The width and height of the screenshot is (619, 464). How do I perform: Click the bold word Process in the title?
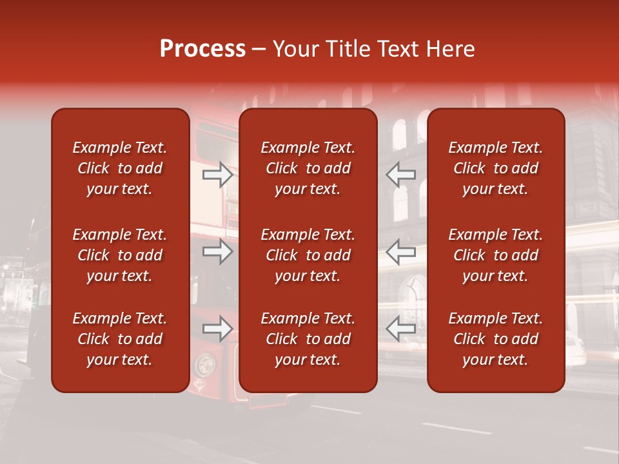pyautogui.click(x=202, y=49)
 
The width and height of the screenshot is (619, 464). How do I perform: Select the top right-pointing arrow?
pyautogui.click(x=217, y=174)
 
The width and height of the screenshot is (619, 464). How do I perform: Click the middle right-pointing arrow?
pyautogui.click(x=217, y=251)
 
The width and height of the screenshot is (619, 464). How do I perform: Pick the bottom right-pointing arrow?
pyautogui.click(x=217, y=329)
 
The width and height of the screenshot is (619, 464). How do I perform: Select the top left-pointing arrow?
pyautogui.click(x=400, y=174)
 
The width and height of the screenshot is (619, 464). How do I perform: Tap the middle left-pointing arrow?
pyautogui.click(x=400, y=251)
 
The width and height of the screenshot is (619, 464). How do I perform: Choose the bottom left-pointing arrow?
pyautogui.click(x=400, y=329)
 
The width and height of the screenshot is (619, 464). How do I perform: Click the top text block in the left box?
pyautogui.click(x=120, y=168)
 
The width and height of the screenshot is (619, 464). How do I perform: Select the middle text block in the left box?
pyautogui.click(x=120, y=255)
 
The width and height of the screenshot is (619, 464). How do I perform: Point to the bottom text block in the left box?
pyautogui.click(x=120, y=339)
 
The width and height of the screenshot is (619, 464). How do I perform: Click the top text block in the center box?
pyautogui.click(x=308, y=168)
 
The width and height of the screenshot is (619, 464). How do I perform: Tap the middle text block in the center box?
pyautogui.click(x=308, y=255)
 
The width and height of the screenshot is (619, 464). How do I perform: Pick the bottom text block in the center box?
pyautogui.click(x=308, y=339)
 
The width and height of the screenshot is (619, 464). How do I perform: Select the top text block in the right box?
pyautogui.click(x=495, y=168)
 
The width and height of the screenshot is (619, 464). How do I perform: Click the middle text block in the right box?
pyautogui.click(x=495, y=255)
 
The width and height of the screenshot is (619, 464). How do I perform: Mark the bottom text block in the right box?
pyautogui.click(x=495, y=339)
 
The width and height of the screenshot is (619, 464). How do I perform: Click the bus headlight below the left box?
pyautogui.click(x=205, y=365)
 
